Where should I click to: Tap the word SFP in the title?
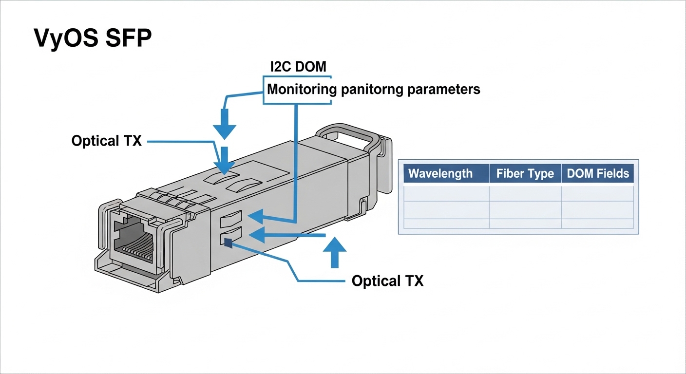[125, 38]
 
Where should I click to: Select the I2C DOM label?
[298, 67]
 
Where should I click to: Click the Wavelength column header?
[440, 174]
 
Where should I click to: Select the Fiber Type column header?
[525, 174]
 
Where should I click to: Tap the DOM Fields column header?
[598, 174]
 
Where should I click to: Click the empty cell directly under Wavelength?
[446, 193]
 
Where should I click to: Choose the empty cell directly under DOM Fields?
[598, 193]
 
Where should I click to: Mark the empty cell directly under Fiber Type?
[525, 193]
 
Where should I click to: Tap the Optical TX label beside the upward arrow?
[387, 281]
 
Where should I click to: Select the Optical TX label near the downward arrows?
[106, 141]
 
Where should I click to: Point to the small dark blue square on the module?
[228, 242]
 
